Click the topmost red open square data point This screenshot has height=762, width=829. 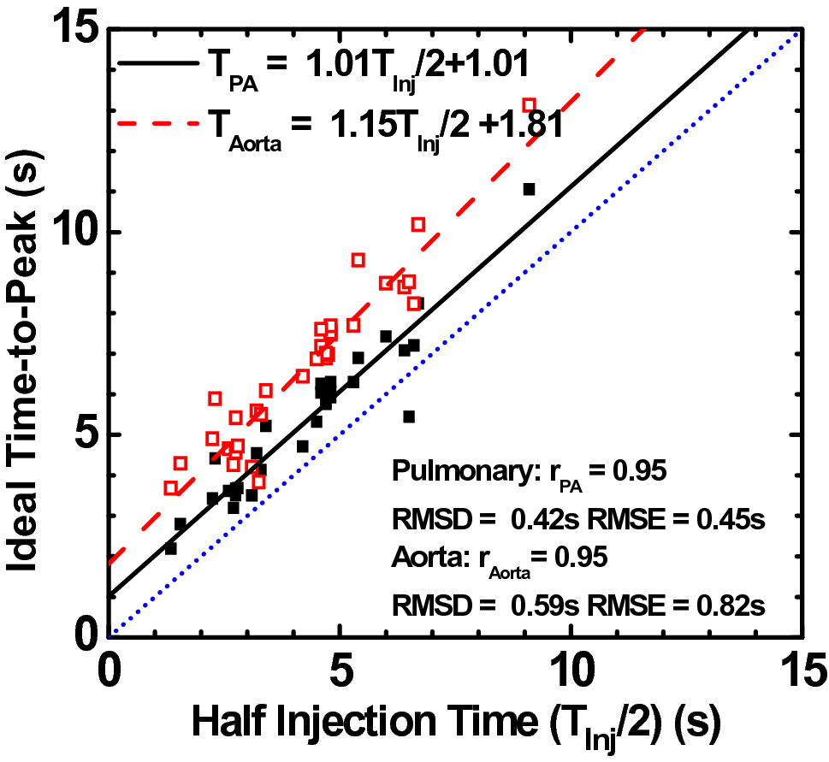click(x=530, y=104)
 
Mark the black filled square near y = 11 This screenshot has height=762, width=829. click(x=529, y=189)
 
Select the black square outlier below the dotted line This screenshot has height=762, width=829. click(x=409, y=416)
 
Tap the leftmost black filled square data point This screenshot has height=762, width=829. click(x=171, y=548)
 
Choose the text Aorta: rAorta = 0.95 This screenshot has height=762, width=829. click(x=500, y=558)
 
